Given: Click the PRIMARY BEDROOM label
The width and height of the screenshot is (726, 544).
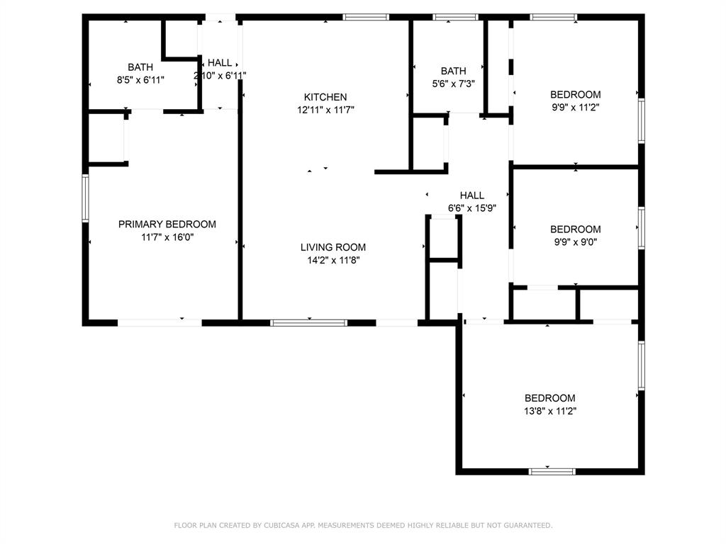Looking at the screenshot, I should pos(167,224).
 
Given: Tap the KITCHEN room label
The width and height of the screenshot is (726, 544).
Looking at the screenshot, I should pos(325,97).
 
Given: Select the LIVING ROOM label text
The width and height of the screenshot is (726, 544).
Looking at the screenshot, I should pos(333,247).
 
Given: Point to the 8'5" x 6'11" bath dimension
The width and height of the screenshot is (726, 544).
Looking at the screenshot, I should pos(140,80).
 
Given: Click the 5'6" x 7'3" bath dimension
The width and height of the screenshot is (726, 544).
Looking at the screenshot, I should pos(453,84).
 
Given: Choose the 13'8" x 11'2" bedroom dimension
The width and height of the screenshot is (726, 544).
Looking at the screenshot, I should pos(550,411).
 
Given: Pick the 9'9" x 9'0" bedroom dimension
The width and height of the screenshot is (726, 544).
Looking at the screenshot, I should pos(575,242).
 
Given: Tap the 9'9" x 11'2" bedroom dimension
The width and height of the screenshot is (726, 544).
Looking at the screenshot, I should pos(575,108).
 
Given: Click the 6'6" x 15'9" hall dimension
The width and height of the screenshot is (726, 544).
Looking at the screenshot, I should pos(471,208).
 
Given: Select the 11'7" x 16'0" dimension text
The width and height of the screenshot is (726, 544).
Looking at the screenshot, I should pos(167,237).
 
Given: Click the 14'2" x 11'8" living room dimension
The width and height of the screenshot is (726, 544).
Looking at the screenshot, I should pos(333,261).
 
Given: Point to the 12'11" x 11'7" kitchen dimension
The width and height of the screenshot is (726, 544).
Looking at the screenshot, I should pos(325,110).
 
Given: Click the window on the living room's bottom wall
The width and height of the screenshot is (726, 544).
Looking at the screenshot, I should pos(308,323).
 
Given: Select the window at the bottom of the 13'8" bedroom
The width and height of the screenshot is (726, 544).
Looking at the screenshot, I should pos(552,470).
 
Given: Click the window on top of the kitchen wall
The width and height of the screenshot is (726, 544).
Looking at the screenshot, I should pos(366,17).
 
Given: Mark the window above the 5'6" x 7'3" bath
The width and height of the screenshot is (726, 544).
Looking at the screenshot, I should pos(456,17).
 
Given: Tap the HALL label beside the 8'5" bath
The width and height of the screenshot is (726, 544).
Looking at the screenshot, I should pos(219,62).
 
